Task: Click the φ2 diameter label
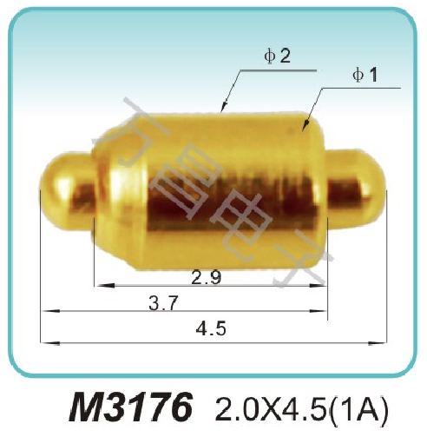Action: coord(277,56)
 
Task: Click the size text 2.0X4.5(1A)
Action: coord(295,405)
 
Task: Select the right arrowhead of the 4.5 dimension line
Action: coord(382,337)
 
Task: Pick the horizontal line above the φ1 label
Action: coord(369,88)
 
